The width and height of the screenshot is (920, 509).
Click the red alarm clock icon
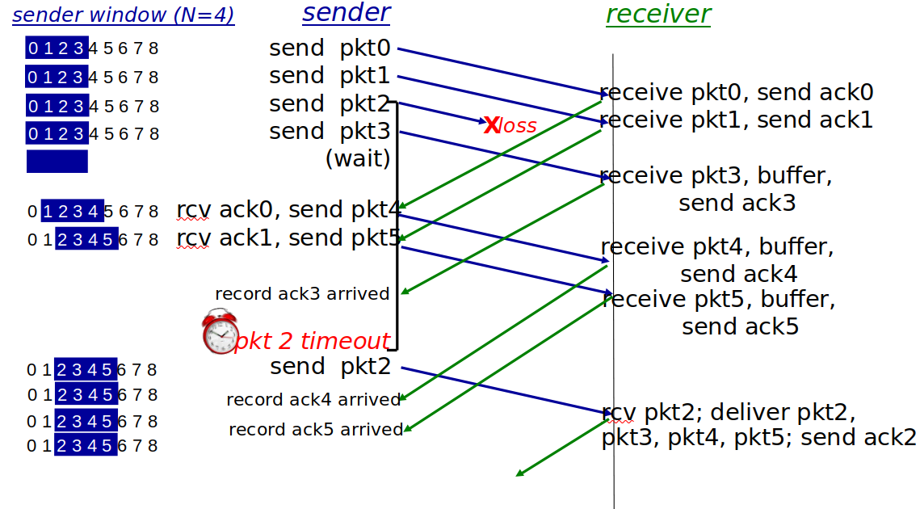click(220, 332)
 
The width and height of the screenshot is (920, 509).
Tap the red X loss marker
click(492, 124)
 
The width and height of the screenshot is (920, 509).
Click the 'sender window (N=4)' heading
click(124, 15)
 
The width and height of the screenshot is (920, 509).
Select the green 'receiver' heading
click(658, 14)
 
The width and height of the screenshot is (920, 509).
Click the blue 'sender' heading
click(347, 12)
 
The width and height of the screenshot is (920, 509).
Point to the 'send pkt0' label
click(330, 48)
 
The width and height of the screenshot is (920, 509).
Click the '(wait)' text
click(358, 158)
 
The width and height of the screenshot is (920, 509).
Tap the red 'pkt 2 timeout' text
click(312, 341)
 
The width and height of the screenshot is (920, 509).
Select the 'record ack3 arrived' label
click(302, 293)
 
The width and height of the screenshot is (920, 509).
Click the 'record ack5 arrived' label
click(316, 429)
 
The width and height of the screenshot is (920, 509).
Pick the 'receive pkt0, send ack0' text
click(737, 92)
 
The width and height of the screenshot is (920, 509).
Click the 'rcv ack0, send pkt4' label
click(288, 209)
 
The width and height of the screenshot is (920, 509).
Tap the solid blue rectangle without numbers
click(57, 161)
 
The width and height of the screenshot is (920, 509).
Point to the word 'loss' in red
click(518, 126)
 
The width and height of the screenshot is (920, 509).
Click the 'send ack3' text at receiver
click(737, 203)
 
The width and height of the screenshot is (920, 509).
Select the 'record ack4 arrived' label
click(313, 399)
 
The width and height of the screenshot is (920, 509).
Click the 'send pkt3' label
click(330, 131)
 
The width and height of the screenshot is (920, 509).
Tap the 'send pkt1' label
click(330, 76)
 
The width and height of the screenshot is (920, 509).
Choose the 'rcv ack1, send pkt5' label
click(288, 238)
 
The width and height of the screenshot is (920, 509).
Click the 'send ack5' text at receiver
click(740, 326)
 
